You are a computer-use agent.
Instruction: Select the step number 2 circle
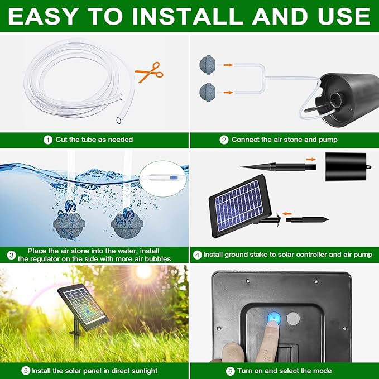pos(223,140)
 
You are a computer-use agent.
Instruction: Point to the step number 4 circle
pos(197,255)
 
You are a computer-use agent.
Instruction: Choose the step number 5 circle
pos(26,370)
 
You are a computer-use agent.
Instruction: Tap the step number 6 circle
pos(231,370)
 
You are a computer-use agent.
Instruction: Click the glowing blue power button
pos(273,318)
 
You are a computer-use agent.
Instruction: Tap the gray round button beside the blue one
pos(294,318)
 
